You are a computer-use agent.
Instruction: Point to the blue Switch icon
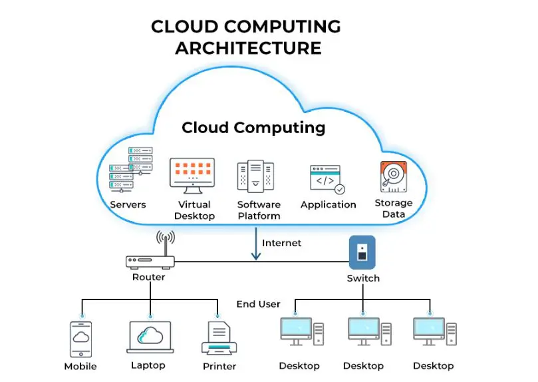(x=362, y=252)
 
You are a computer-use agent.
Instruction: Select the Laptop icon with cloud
(x=150, y=337)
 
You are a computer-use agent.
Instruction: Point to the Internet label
(x=281, y=243)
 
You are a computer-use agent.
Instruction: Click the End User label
(x=258, y=304)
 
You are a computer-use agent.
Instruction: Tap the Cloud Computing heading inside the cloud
(x=253, y=127)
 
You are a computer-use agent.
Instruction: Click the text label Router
(x=148, y=277)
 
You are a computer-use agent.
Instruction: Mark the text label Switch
(x=363, y=278)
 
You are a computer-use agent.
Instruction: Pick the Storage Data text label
(x=393, y=209)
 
